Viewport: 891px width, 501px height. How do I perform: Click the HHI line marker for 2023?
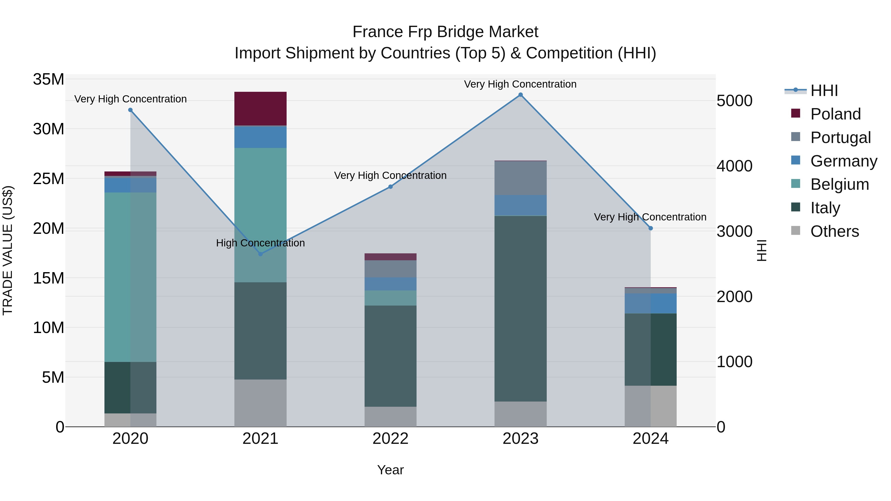tap(520, 95)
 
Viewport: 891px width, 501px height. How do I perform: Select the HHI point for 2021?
tap(260, 254)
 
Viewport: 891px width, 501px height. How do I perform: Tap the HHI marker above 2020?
tap(130, 110)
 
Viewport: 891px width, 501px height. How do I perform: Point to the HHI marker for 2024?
tap(651, 228)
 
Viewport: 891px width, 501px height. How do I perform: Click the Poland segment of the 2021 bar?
tap(260, 109)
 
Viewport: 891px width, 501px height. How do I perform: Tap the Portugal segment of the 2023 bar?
tap(520, 178)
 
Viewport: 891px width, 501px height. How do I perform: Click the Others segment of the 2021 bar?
tap(260, 403)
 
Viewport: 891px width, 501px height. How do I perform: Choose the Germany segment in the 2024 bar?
tap(651, 303)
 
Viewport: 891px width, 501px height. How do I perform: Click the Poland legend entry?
tap(835, 114)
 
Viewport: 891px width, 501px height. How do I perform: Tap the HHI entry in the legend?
tap(824, 91)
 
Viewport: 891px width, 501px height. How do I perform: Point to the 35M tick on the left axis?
tap(49, 79)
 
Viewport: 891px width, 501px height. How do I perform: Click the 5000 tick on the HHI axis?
tap(734, 101)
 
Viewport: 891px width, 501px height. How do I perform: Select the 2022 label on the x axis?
tap(391, 439)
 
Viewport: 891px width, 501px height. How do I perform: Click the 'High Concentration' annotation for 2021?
tap(260, 243)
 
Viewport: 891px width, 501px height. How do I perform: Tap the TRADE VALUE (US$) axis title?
tap(8, 250)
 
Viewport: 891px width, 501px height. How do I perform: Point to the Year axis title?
tap(391, 470)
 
